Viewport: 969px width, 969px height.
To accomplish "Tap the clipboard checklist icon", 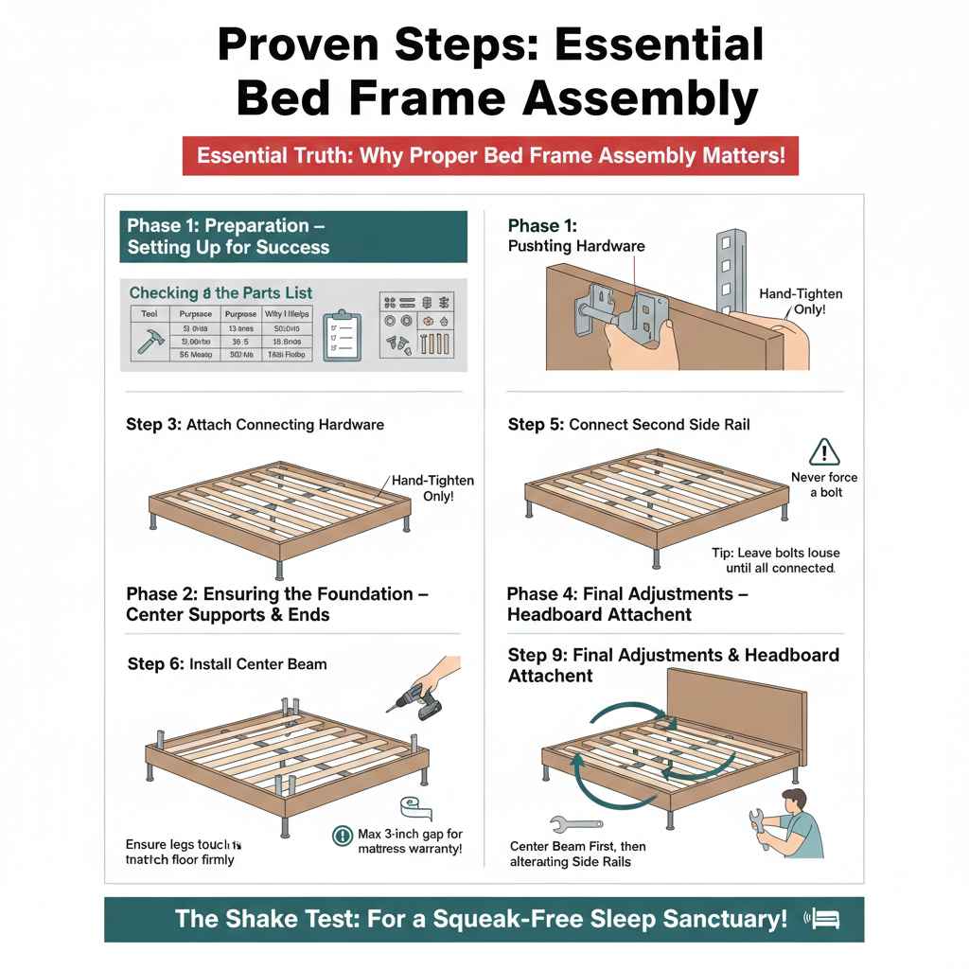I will tap(341, 335).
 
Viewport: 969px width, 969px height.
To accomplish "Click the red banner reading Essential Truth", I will tap(490, 155).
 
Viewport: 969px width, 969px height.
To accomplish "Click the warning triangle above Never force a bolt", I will tap(825, 451).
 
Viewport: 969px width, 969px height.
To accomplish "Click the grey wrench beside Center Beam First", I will tap(574, 824).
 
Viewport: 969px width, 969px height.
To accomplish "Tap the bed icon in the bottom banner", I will tap(822, 918).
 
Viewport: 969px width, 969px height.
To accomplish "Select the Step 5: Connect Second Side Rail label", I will tap(628, 424).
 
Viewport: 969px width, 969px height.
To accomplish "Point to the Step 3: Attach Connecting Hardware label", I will tap(255, 424).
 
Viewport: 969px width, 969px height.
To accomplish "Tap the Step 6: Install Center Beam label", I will tap(226, 663).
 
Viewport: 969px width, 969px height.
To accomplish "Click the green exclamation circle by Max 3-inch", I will tap(343, 836).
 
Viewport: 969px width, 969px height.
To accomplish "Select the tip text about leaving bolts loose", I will tap(775, 560).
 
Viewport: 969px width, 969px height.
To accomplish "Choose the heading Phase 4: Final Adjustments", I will tap(627, 604).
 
